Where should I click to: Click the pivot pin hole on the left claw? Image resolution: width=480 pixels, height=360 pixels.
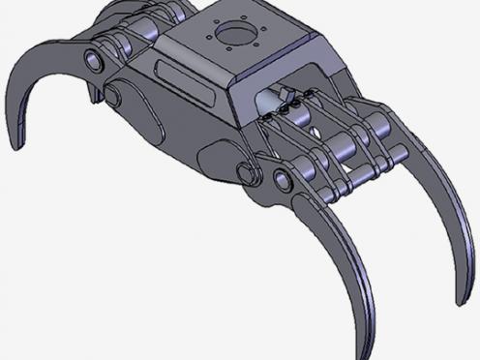click(95, 62)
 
